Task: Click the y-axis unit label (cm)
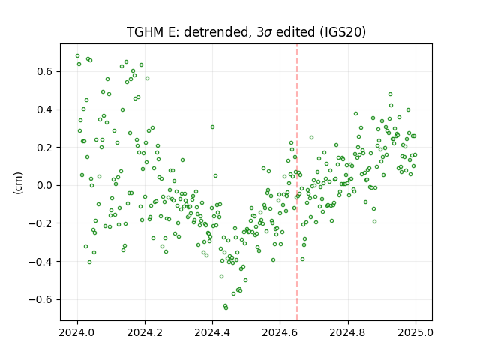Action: tap(18, 183)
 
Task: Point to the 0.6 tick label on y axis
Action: tap(45, 72)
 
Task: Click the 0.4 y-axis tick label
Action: tap(45, 109)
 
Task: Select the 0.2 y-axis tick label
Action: tap(45, 148)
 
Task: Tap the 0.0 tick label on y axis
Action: tap(45, 185)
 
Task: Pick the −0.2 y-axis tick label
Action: tap(41, 223)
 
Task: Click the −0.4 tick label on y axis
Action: tap(41, 262)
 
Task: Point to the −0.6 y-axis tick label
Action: tap(41, 299)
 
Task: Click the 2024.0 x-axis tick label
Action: tap(77, 332)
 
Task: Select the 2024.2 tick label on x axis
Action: tap(145, 332)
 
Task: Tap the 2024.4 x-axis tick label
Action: tap(212, 332)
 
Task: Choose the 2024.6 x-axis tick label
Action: tap(280, 332)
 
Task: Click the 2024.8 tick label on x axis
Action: tap(348, 332)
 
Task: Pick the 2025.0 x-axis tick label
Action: tap(415, 332)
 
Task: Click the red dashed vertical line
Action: tap(297, 182)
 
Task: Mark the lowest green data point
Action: tap(226, 307)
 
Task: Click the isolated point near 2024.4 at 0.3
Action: tap(212, 127)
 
